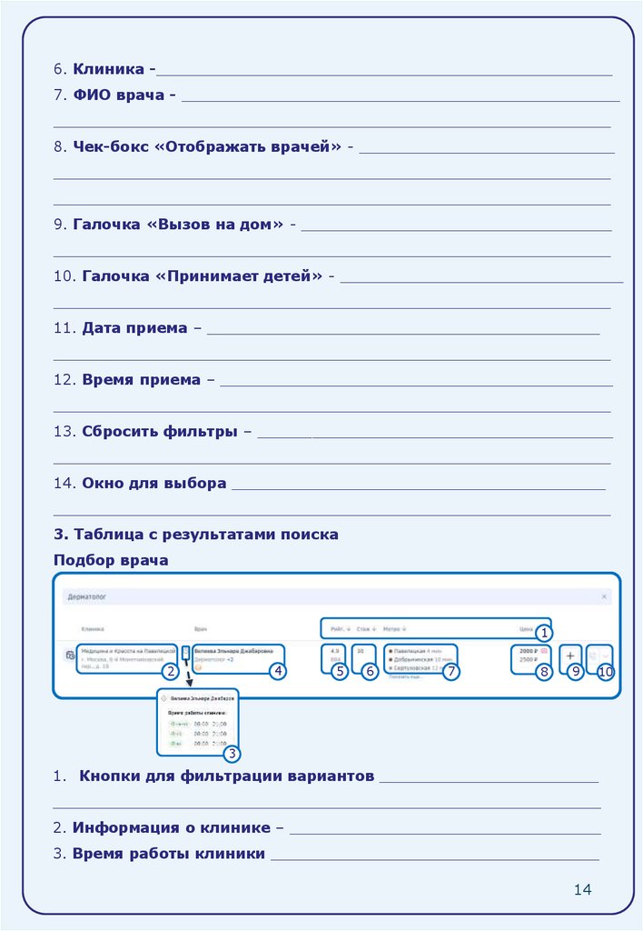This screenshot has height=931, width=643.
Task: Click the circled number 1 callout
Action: coord(543,632)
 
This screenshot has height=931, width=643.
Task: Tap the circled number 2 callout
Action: coord(169,672)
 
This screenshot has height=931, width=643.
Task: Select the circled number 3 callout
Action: coord(232,753)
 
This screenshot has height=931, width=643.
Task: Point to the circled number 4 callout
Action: coord(278,672)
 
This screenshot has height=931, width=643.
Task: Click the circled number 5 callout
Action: coord(339,672)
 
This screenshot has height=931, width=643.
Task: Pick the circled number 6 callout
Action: coord(369,672)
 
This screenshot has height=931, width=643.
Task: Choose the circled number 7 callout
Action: coord(451,672)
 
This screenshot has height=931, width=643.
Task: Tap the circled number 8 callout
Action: coord(543,672)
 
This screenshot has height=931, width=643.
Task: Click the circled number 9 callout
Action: coord(574,672)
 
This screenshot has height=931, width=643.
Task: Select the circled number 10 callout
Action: coord(606,672)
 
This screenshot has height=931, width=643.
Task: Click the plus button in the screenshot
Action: coord(570,656)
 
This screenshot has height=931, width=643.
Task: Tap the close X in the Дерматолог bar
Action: coord(605,596)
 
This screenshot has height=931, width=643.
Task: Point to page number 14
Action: coord(582,888)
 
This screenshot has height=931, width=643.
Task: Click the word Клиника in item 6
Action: coord(109,69)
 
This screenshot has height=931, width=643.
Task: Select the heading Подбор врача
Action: coord(111,560)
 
